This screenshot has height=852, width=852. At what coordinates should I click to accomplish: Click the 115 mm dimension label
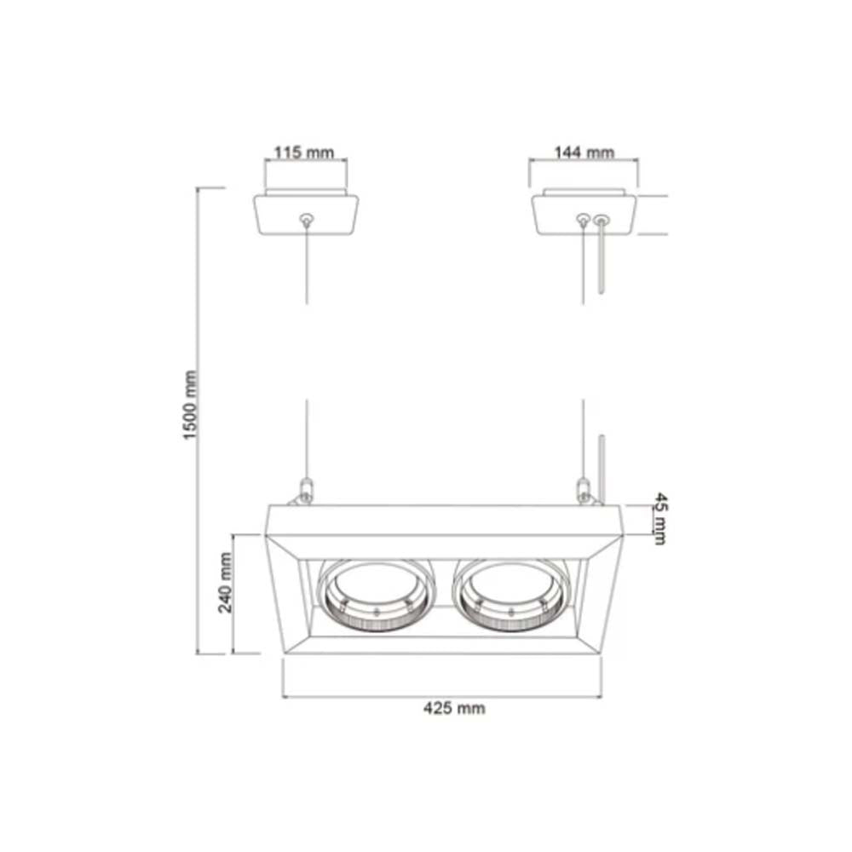pyautogui.click(x=303, y=153)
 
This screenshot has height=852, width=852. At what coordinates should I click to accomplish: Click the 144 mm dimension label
pyautogui.click(x=584, y=153)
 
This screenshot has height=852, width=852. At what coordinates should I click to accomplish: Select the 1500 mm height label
pyautogui.click(x=190, y=405)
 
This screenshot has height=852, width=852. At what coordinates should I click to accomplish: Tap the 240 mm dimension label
pyautogui.click(x=226, y=583)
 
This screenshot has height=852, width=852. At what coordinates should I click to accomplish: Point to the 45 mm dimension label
pyautogui.click(x=659, y=518)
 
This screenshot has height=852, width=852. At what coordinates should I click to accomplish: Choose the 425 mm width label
pyautogui.click(x=454, y=708)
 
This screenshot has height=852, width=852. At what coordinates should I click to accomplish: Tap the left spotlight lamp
pyautogui.click(x=376, y=596)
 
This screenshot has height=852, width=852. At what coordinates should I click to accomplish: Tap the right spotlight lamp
pyautogui.click(x=511, y=596)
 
